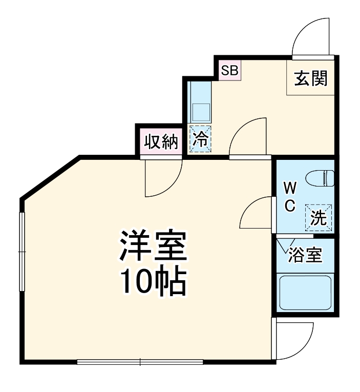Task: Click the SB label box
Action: pyautogui.click(x=230, y=70)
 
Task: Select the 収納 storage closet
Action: pyautogui.click(x=160, y=141)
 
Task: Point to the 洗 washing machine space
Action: pyautogui.click(x=319, y=218)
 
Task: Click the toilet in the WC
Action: pyautogui.click(x=320, y=178)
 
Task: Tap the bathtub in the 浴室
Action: pyautogui.click(x=305, y=293)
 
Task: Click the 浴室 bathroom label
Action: pyautogui.click(x=305, y=255)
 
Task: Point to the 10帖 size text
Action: pyautogui.click(x=153, y=282)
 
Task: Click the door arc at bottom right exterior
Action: pyautogui.click(x=294, y=341)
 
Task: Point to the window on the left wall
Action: pyautogui.click(x=22, y=252)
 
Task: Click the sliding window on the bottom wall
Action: pyautogui.click(x=140, y=362)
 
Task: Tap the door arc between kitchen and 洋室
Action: pyautogui.click(x=249, y=137)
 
